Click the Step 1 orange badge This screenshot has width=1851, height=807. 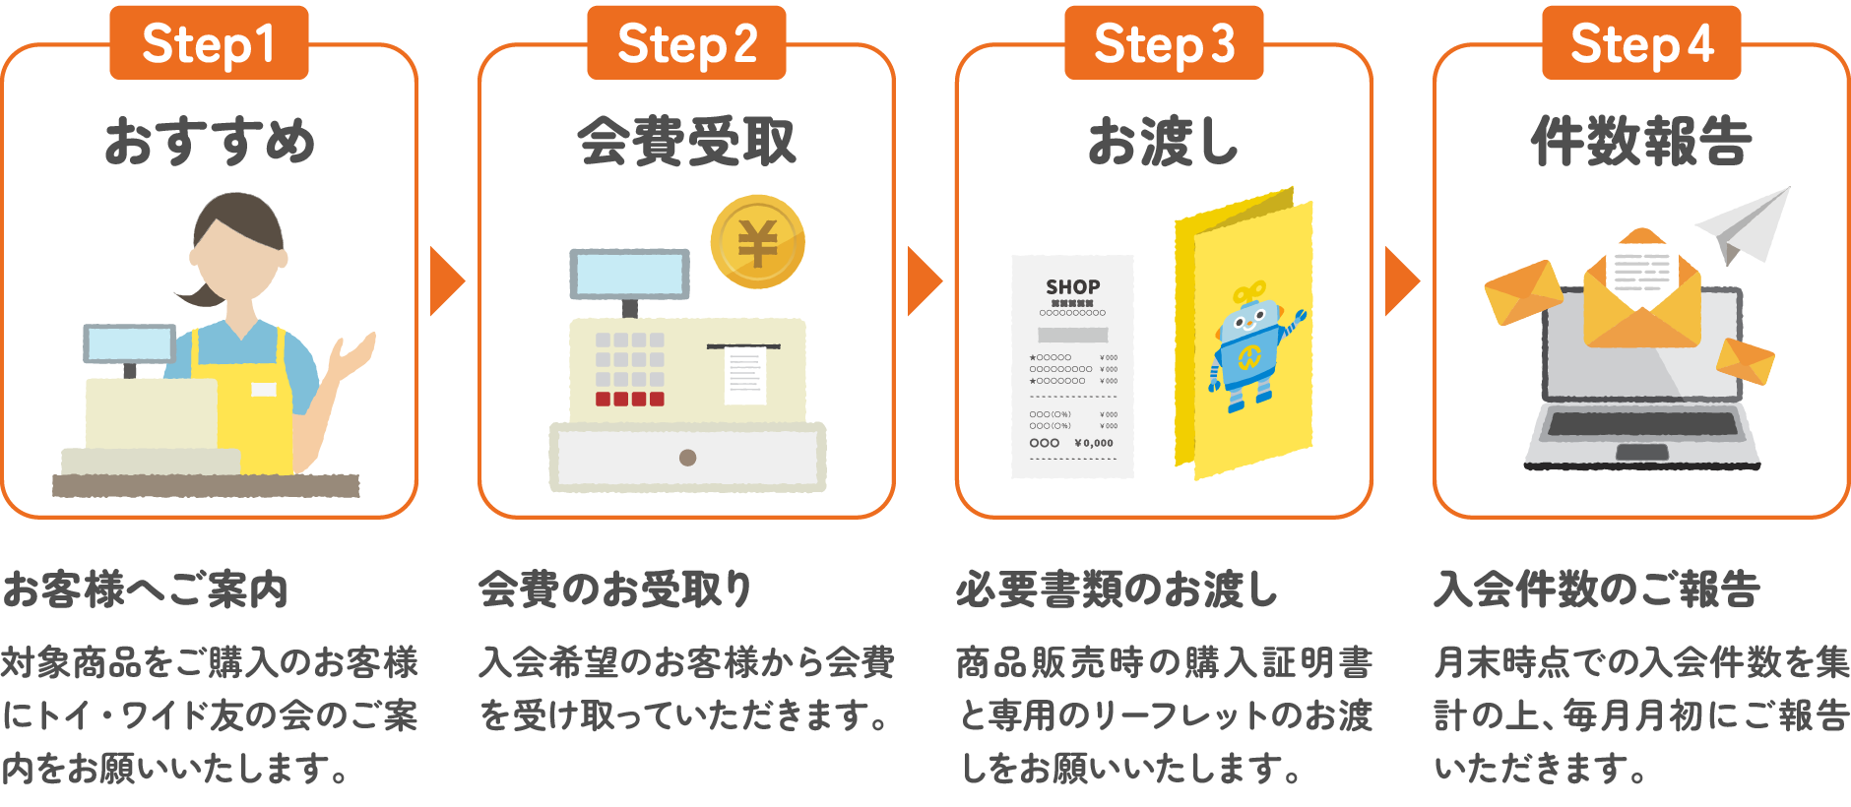point(209,42)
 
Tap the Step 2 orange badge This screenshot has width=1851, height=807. point(686,42)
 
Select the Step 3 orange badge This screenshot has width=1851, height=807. point(1164,42)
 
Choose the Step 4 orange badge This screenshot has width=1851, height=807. point(1641,42)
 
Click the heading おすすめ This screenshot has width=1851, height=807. point(210,141)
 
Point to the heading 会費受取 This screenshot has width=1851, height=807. point(686,141)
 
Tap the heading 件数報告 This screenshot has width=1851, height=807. point(1641,141)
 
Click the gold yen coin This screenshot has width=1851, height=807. point(757,242)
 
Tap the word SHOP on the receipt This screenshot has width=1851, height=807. point(1073,286)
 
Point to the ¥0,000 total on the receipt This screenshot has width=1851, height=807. point(1094,443)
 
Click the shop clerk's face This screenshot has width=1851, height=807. point(237,261)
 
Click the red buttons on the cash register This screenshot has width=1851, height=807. point(629,399)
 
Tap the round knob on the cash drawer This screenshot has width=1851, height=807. point(688,458)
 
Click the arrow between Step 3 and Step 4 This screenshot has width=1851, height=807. point(1401,281)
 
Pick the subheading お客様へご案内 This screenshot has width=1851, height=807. point(145,590)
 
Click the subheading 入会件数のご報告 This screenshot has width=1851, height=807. point(1597,590)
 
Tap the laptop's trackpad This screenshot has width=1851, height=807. point(1642,452)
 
